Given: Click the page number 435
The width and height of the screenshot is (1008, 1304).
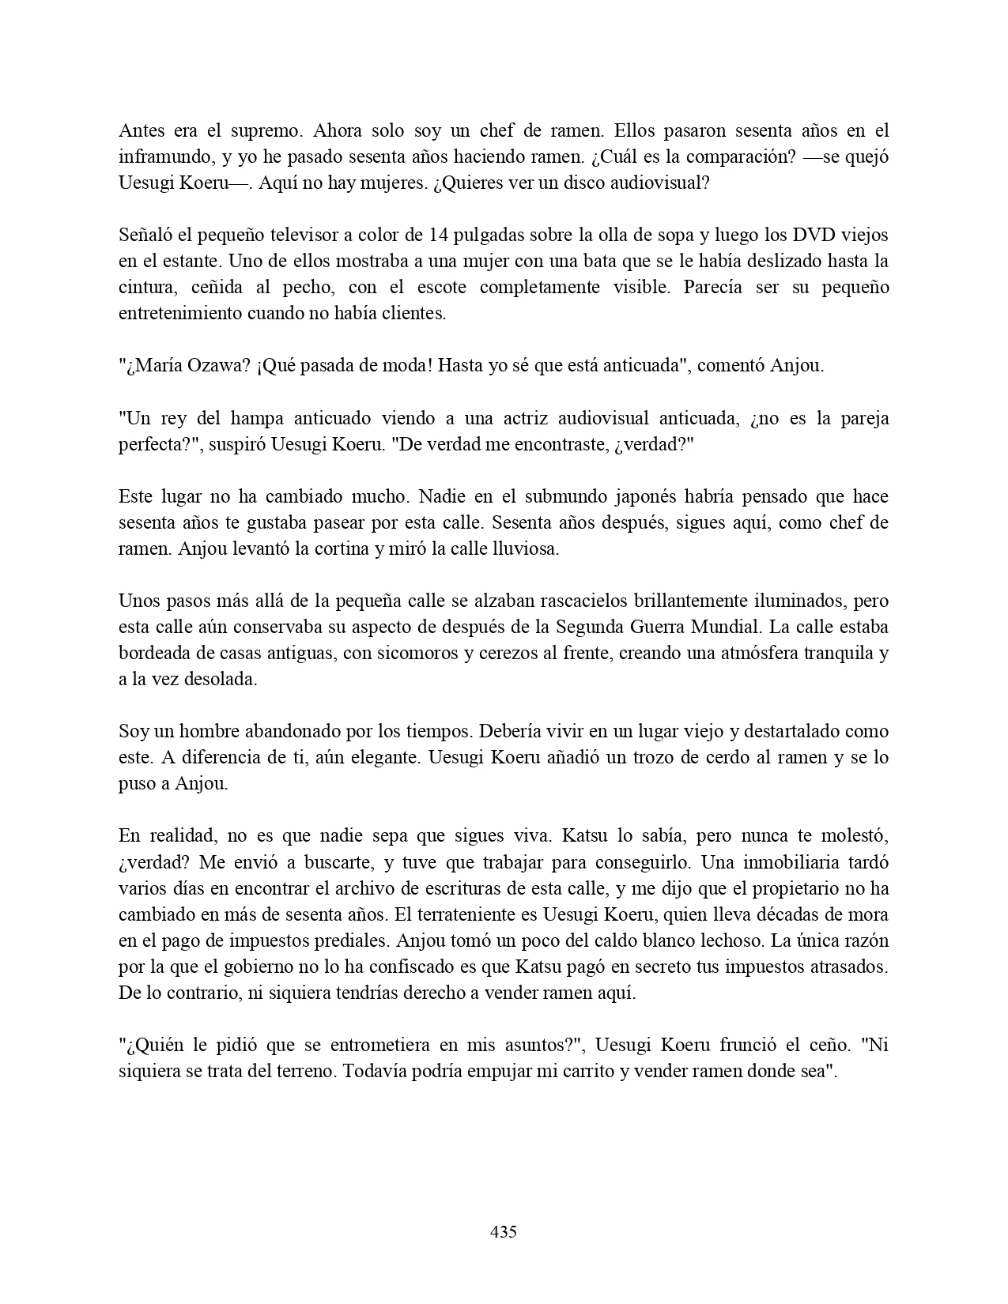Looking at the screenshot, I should pos(504,1231).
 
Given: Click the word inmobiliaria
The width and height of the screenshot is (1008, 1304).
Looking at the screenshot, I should pos(817,861).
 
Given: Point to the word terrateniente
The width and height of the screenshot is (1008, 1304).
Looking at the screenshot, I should pos(474,914).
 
